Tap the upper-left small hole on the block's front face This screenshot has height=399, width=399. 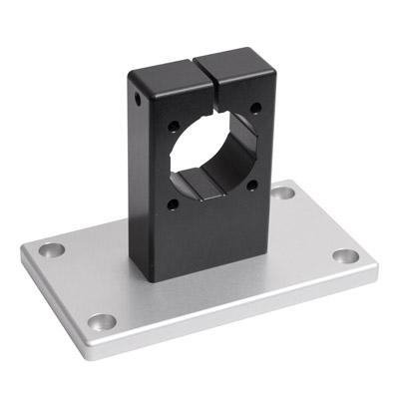click(175, 127)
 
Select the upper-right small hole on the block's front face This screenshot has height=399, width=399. click(256, 107)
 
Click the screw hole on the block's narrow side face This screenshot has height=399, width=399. click(135, 98)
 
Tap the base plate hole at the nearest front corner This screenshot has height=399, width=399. click(102, 321)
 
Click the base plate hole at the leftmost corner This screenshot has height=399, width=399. click(51, 249)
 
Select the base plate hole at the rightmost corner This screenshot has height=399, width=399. click(345, 256)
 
